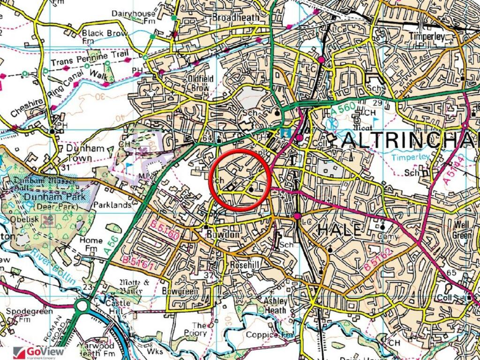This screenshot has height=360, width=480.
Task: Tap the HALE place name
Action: pos(340,230)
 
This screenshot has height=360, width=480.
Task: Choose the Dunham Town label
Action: pos(84,153)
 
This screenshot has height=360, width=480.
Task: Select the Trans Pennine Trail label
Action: pos(89,59)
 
